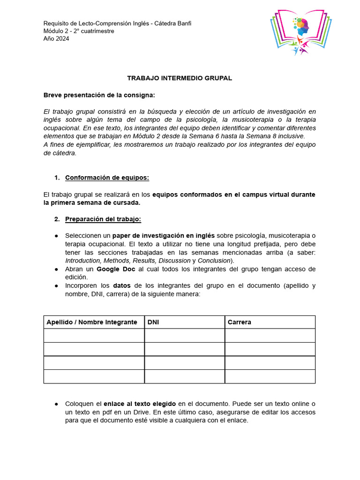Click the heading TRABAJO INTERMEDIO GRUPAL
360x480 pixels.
[x=180, y=78]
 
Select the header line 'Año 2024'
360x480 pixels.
[x=56, y=39]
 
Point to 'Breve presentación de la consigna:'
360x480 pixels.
[x=99, y=95]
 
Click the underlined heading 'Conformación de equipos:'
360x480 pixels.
[x=107, y=177]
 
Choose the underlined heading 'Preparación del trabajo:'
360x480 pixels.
[x=103, y=219]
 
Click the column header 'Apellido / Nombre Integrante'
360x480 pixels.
[x=92, y=322]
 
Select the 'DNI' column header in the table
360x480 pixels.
[x=153, y=322]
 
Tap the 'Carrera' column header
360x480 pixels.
[x=239, y=322]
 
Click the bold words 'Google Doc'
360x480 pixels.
[x=116, y=269]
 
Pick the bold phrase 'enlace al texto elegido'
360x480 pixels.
[x=140, y=404]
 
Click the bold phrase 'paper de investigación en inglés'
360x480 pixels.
[x=164, y=235]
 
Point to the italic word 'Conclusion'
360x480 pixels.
[x=214, y=260]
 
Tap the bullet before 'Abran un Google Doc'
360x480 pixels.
[x=56, y=269]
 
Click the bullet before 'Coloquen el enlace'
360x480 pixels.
[x=56, y=404]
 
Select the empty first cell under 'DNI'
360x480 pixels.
[x=184, y=336]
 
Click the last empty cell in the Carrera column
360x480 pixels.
[x=270, y=376]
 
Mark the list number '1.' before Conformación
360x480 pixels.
[x=57, y=177]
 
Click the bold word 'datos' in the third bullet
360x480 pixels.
[x=122, y=285]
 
